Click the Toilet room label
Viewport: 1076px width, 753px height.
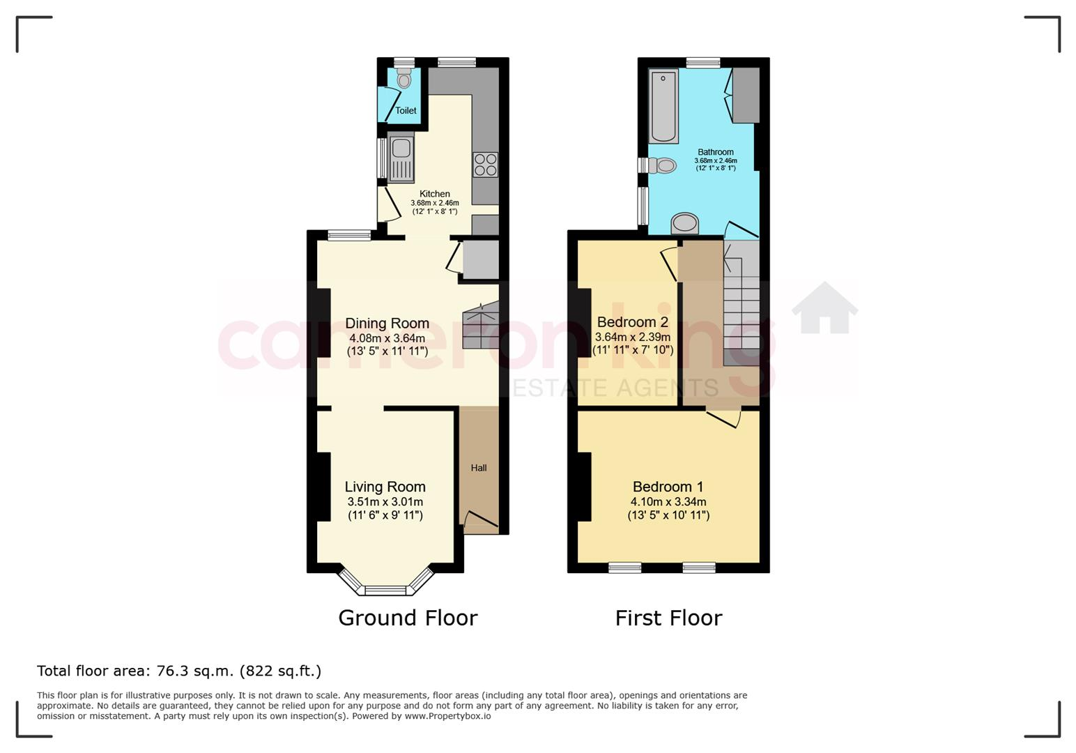pos(406,111)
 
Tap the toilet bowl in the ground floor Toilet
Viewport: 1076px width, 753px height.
pos(404,78)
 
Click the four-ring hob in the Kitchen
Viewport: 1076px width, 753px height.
pos(485,165)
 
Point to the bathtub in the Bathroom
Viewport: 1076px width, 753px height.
pos(663,106)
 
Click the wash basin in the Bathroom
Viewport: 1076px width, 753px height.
pos(685,223)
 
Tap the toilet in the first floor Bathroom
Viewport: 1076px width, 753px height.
pos(663,166)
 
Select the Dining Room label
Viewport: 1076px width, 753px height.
pos(387,324)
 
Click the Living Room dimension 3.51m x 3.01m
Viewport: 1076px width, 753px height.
pos(385,502)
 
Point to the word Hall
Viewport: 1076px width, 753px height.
pos(479,468)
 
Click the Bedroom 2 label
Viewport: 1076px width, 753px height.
pos(633,322)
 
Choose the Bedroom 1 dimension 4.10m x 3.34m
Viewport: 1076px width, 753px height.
pos(668,502)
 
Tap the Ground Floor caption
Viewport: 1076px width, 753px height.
pos(408,618)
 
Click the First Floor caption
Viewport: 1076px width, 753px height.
pos(668,618)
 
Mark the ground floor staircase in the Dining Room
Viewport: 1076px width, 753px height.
pos(481,325)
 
